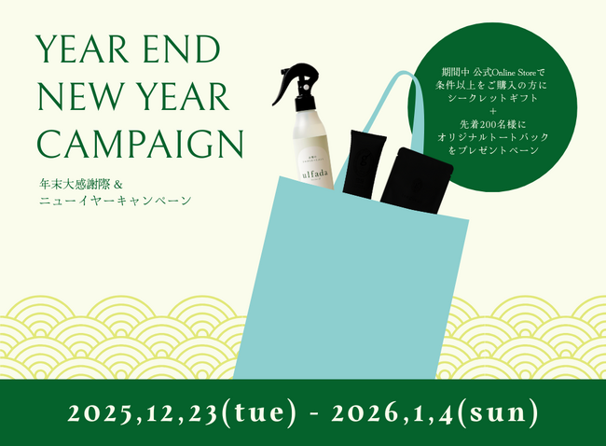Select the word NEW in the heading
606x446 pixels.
(x=67, y=96)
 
